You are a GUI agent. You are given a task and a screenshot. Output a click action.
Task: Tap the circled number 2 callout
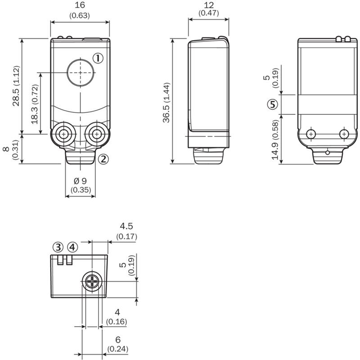click(x=103, y=159)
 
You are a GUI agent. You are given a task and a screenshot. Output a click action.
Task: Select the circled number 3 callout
click(x=58, y=247)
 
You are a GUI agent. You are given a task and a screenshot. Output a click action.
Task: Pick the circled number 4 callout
click(x=72, y=247)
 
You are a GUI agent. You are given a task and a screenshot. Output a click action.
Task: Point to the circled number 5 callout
click(x=273, y=104)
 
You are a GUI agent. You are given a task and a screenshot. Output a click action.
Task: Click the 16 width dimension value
click(x=80, y=5)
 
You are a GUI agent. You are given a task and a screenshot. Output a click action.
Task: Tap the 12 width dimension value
click(x=209, y=5)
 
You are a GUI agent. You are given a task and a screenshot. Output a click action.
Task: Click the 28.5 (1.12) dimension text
click(x=16, y=86)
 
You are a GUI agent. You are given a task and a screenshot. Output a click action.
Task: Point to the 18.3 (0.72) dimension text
click(x=35, y=104)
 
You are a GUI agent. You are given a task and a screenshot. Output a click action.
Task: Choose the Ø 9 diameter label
click(x=81, y=181)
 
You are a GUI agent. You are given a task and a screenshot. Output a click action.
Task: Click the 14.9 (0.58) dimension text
click(x=275, y=140)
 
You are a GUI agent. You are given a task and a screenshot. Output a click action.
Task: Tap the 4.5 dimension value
click(x=126, y=226)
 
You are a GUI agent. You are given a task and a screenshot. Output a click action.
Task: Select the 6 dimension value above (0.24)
click(x=118, y=340)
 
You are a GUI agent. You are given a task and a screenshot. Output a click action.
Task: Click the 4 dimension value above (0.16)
click(x=117, y=312)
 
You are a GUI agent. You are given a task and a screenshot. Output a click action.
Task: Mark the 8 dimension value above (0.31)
click(x=6, y=149)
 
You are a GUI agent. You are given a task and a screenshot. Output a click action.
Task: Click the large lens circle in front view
click(x=81, y=72)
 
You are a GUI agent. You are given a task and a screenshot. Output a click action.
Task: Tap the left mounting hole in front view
click(x=63, y=134)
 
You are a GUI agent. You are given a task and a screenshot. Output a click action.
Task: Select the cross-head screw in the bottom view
click(x=92, y=281)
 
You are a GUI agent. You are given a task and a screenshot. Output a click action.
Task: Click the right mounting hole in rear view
click(x=344, y=134)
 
